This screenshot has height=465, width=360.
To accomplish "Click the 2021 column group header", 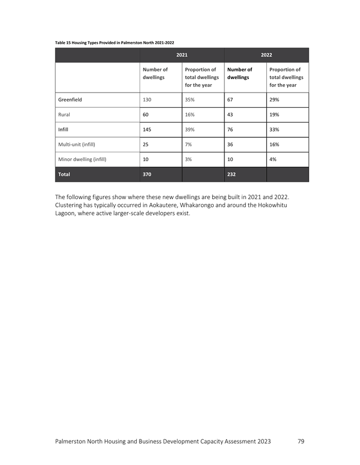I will (x=181, y=55).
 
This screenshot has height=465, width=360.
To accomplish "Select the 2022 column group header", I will (x=266, y=55).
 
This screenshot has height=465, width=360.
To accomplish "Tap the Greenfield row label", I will (x=70, y=100).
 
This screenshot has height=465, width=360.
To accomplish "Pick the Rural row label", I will (x=66, y=115).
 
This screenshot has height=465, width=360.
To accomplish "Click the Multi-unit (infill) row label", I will (x=77, y=144).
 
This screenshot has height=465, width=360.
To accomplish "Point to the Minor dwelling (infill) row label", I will (x=82, y=159).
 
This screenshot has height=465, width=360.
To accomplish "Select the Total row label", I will (x=64, y=175).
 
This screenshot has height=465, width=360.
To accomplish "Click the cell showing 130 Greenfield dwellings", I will (x=148, y=100).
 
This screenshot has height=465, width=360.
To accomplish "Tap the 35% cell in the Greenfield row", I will (x=189, y=100).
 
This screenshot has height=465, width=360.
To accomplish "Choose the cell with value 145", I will (x=148, y=130).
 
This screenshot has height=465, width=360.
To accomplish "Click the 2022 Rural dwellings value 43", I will (x=231, y=115).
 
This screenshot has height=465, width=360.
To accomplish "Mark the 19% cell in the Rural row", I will (x=274, y=115).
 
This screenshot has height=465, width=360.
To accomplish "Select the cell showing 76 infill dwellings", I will (x=231, y=130).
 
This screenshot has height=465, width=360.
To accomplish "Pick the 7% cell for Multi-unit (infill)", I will (x=188, y=144).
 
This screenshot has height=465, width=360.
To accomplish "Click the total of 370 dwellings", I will (x=148, y=175).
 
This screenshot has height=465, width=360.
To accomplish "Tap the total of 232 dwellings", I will (x=232, y=175).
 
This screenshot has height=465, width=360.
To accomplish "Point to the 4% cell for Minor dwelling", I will (x=273, y=159).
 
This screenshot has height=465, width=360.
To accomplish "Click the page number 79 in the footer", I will (x=301, y=441).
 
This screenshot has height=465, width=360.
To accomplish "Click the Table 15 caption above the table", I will (x=114, y=42).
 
